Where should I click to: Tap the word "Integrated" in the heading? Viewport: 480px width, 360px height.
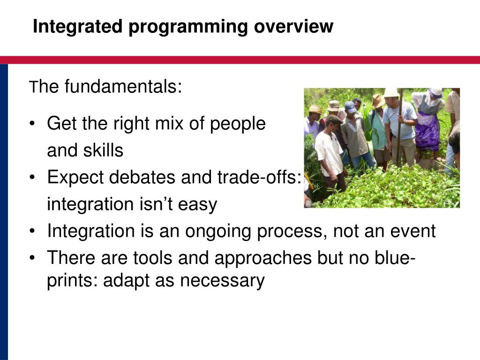(x=78, y=26)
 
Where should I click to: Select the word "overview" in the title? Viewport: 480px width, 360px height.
(x=293, y=26)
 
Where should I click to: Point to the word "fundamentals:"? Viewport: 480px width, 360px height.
(x=123, y=86)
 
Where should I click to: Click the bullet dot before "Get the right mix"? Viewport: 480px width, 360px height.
(x=32, y=124)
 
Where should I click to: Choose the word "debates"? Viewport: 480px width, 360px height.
(x=142, y=177)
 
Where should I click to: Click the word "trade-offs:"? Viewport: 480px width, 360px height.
(x=259, y=177)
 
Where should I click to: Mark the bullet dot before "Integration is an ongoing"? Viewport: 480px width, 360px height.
(x=32, y=231)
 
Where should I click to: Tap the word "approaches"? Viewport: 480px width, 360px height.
(x=263, y=258)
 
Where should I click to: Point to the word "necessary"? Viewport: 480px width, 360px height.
(x=222, y=281)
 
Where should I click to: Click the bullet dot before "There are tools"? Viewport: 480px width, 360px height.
(x=32, y=258)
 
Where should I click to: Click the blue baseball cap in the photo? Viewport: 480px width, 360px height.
(x=350, y=107)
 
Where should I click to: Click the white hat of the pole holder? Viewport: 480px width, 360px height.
(x=391, y=93)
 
